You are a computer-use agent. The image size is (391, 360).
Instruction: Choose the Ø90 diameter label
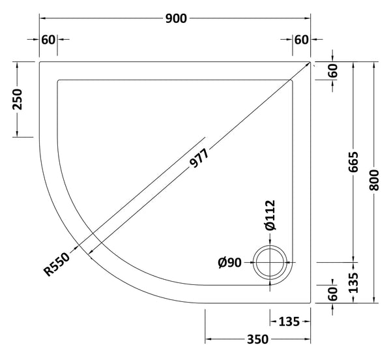coord(231,263)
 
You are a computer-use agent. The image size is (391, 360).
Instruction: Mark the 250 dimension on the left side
coord(18,100)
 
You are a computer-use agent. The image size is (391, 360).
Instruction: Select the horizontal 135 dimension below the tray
coord(289,320)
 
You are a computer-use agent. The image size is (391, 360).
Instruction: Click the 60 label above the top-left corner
coord(48,39)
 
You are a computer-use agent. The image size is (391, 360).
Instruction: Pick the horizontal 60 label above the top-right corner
coord(300,39)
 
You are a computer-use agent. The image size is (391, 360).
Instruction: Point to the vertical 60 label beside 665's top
coord(333,71)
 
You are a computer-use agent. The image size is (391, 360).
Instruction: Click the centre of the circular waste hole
coord(271,263)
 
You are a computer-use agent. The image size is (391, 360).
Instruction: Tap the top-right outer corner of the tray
coord(311,62)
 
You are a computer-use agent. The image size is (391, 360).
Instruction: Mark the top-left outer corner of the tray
coord(39,62)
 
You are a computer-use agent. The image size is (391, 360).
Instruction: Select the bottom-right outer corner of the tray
coord(311,303)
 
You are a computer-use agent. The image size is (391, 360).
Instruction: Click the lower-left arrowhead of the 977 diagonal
coord(89,250)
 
